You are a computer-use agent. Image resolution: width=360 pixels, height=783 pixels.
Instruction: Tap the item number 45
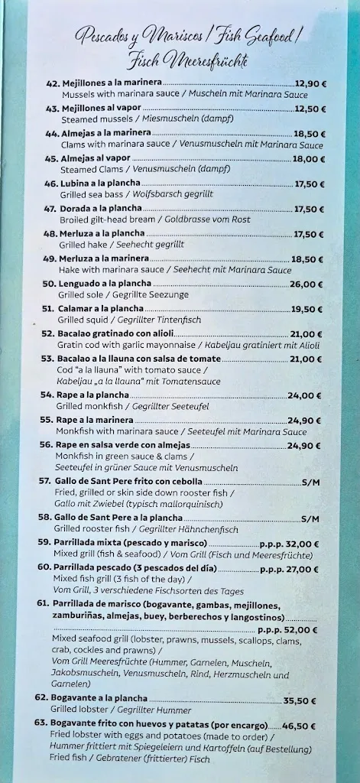[52, 158]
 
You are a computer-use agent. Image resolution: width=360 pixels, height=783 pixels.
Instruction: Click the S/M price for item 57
[310, 482]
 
